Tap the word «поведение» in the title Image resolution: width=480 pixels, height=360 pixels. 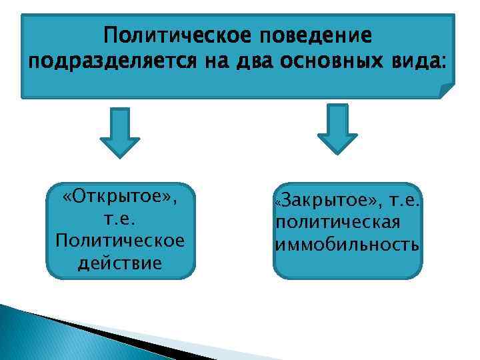[318, 35]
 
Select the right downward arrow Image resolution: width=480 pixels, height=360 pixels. [337, 129]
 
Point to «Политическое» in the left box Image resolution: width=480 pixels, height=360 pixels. [121, 241]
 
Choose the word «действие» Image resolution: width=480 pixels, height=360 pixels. [121, 263]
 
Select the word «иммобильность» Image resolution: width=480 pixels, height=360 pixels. [347, 243]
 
